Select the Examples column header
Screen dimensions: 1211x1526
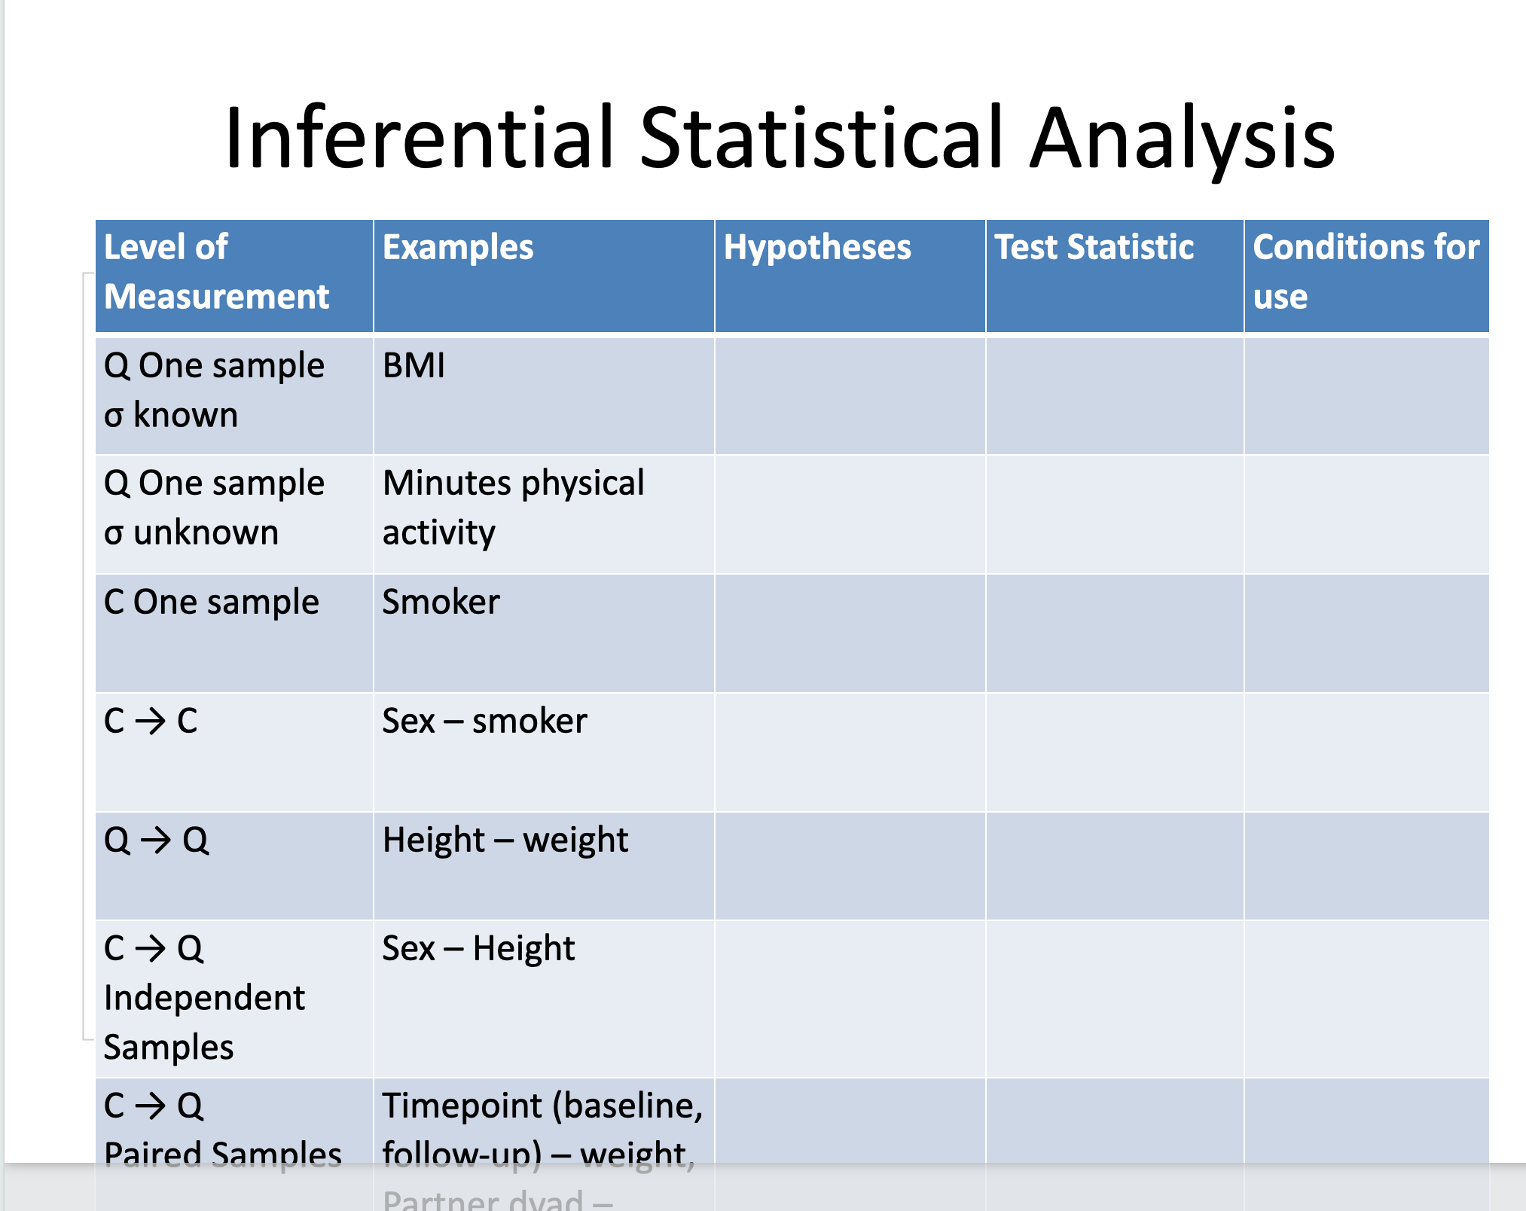pos(458,248)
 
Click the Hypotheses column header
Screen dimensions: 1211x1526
pos(817,248)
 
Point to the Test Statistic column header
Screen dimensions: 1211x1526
pos(1094,248)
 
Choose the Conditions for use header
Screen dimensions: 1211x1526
pos(1365,271)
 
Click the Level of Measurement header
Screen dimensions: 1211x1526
pos(217,272)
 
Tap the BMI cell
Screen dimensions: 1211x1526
pos(414,366)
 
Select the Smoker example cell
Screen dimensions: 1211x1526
pos(441,602)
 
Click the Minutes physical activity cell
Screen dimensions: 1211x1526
pos(513,508)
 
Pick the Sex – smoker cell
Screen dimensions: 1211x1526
pos(484,721)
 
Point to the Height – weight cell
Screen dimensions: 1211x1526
pos(505,840)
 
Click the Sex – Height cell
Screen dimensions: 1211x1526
pos(478,949)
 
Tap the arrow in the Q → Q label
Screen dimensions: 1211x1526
pos(156,840)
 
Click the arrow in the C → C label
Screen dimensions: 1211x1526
pos(151,721)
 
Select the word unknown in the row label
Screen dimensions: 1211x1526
pos(206,533)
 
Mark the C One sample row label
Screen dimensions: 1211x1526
pos(212,602)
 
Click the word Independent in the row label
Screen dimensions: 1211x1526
pos(204,999)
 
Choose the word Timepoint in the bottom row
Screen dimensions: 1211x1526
pos(462,1106)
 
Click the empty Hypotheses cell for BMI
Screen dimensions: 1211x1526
pos(850,395)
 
